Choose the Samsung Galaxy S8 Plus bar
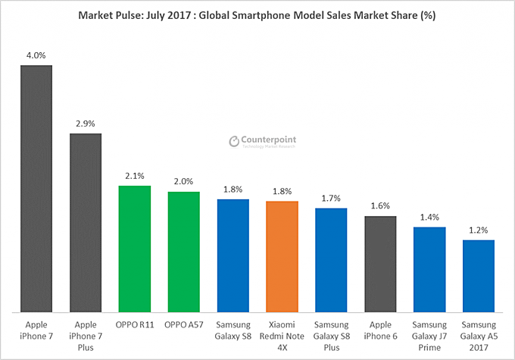(331, 259)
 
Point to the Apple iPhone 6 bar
(380, 263)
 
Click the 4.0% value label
(36, 55)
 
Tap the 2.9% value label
(86, 123)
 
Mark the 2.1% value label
(135, 176)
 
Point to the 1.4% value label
(429, 217)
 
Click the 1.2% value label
(478, 230)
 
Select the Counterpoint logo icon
(234, 141)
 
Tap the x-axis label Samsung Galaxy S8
(233, 330)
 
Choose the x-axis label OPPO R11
(135, 325)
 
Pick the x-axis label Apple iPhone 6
(380, 330)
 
